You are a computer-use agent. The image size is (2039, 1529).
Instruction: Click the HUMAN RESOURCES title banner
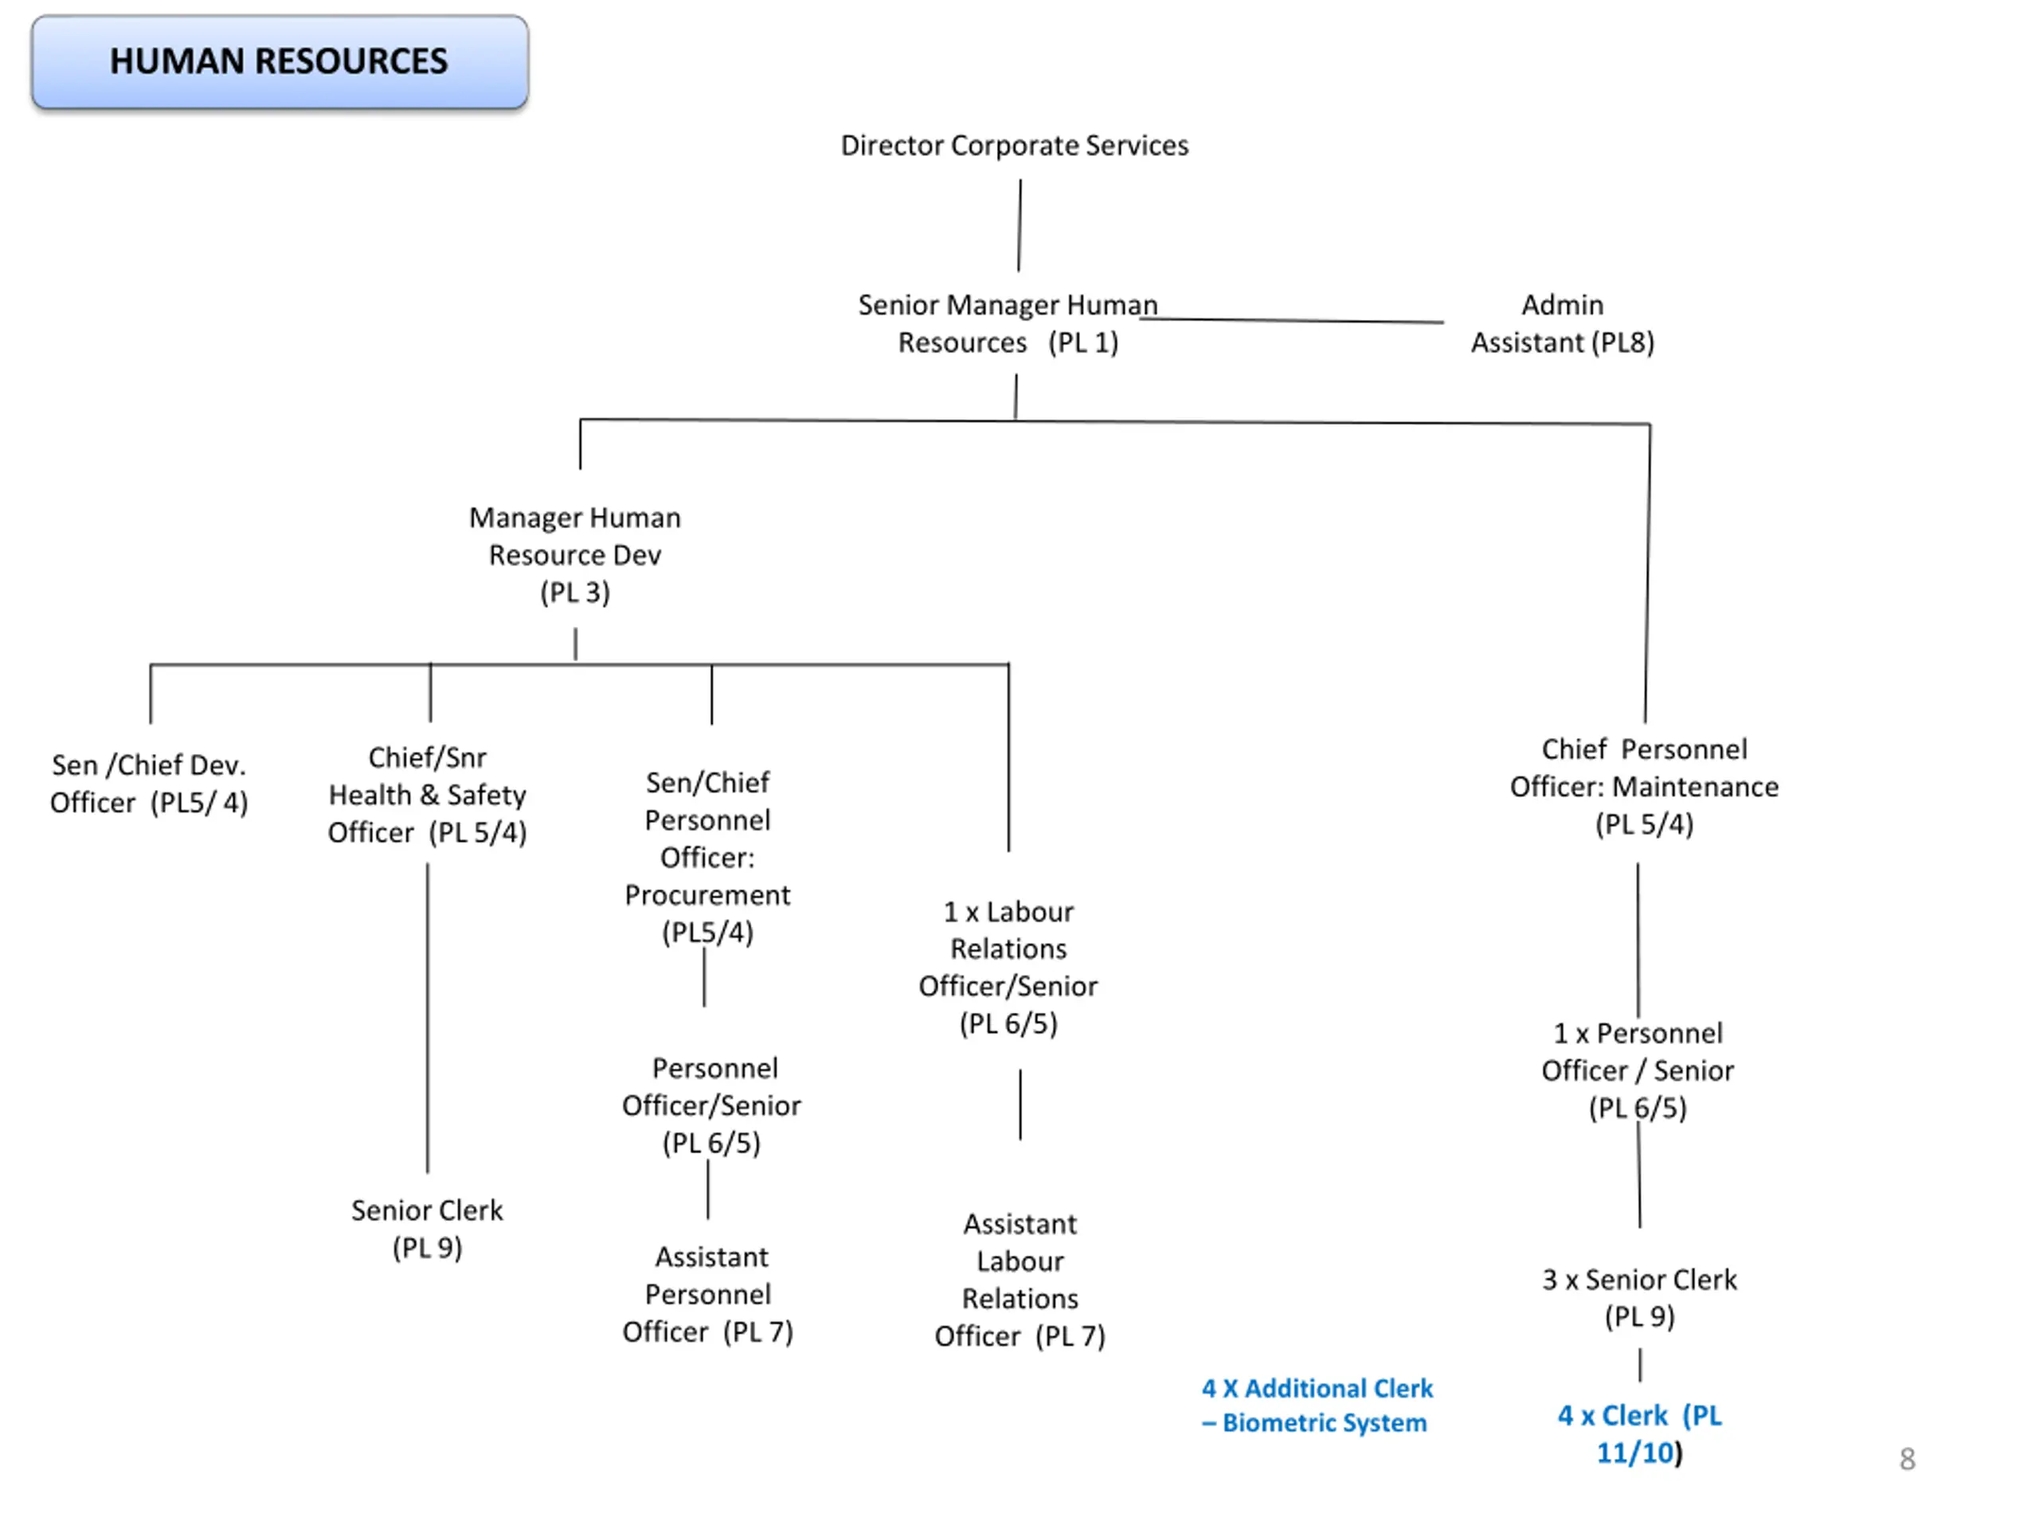tap(280, 62)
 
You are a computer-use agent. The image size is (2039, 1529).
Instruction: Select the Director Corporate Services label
tap(1014, 146)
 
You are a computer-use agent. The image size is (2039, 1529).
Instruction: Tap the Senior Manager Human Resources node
tap(1008, 323)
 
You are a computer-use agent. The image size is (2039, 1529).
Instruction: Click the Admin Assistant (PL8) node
tap(1563, 323)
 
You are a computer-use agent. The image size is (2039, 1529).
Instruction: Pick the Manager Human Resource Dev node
tap(575, 555)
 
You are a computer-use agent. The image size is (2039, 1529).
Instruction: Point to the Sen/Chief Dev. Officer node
tap(149, 784)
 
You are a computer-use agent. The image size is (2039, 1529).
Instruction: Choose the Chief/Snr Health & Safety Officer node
tap(428, 796)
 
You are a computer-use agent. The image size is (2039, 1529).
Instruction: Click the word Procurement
tap(708, 895)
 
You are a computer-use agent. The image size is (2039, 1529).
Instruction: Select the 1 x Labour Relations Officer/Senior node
tap(1008, 968)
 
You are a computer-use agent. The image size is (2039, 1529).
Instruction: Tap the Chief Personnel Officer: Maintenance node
tap(1645, 787)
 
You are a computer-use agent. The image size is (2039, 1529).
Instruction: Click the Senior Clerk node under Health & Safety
tap(428, 1229)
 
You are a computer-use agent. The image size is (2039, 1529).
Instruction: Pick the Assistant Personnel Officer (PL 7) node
tap(708, 1295)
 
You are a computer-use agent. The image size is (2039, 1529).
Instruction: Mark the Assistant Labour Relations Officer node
tap(1020, 1281)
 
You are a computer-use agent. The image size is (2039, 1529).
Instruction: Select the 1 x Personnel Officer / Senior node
tap(1638, 1071)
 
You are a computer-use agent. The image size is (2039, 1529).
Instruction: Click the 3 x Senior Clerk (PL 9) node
tap(1640, 1298)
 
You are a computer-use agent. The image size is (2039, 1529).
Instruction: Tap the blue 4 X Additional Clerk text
tap(1317, 1406)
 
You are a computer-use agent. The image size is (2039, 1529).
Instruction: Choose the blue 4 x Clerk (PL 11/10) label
tap(1640, 1434)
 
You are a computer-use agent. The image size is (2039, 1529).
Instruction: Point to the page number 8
tap(1908, 1459)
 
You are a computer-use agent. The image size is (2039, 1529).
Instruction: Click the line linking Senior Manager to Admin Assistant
tap(1291, 321)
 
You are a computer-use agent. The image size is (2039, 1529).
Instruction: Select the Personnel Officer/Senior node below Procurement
tap(711, 1106)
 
